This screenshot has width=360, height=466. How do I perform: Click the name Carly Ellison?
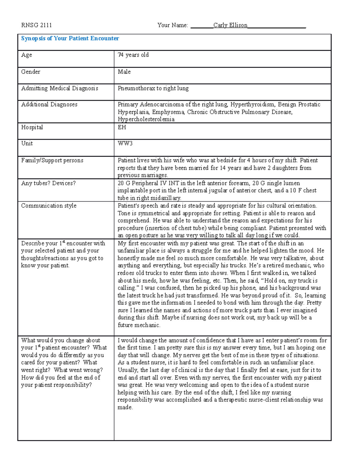(230, 25)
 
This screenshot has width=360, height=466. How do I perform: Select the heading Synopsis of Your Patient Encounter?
(70, 38)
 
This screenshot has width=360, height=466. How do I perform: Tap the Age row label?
(27, 55)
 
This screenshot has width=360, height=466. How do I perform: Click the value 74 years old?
(133, 55)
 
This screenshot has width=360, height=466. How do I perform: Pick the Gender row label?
(31, 72)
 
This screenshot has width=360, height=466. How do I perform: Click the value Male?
(124, 72)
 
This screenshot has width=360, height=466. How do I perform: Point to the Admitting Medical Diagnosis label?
(60, 88)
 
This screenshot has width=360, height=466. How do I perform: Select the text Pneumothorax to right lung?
(153, 88)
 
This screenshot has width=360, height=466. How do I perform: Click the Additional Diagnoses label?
(49, 104)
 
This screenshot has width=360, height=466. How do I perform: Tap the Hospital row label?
(32, 127)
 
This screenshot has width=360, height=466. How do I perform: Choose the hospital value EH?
(122, 127)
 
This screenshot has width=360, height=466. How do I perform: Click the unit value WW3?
(125, 143)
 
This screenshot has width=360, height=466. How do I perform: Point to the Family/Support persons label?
(52, 160)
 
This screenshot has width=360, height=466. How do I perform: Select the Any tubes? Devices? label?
(48, 183)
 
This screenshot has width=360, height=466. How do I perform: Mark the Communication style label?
(49, 206)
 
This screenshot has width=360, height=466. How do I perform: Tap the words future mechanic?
(139, 325)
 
